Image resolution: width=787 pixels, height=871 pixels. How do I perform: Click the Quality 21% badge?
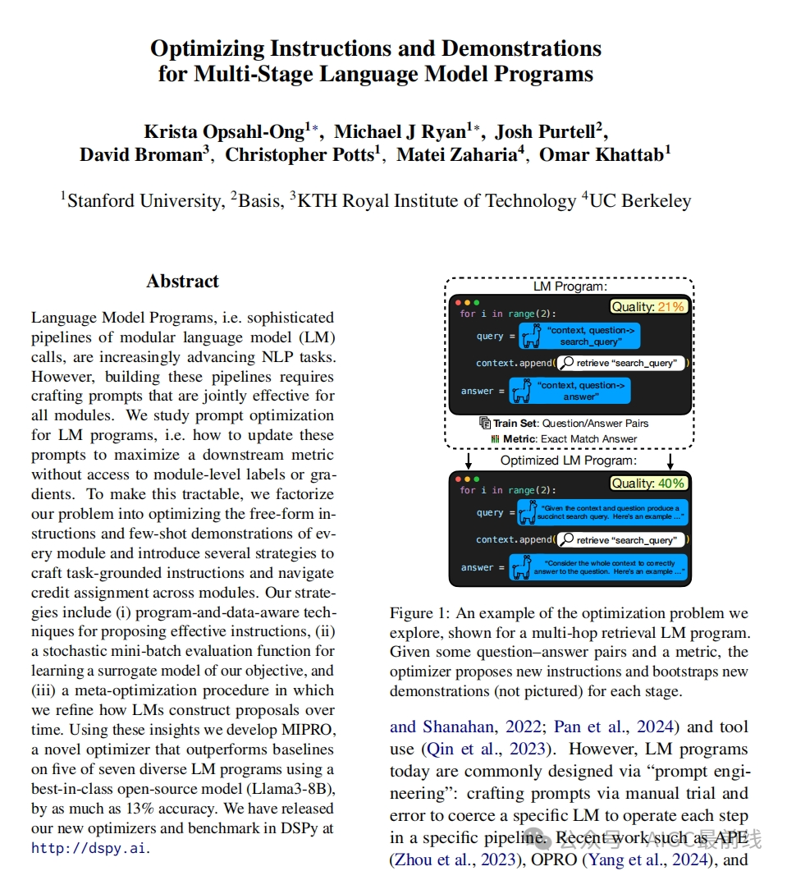click(x=648, y=307)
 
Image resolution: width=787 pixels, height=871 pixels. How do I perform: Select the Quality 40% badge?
click(x=648, y=484)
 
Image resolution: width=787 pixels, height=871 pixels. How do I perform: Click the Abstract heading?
click(x=182, y=281)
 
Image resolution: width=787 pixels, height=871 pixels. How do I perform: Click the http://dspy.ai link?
click(x=90, y=849)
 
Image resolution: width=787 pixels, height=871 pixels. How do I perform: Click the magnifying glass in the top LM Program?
click(x=566, y=363)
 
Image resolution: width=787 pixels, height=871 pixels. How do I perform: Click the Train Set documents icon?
click(x=485, y=423)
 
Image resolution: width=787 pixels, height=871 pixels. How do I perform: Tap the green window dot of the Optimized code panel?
click(x=477, y=479)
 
